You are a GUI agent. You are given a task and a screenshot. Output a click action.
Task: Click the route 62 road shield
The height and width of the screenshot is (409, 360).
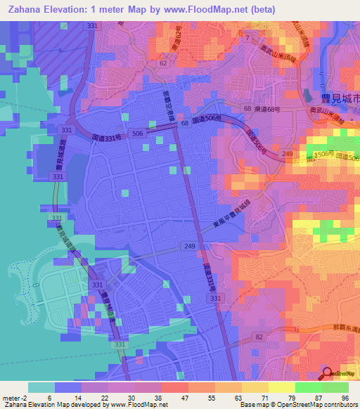[x=163, y=63]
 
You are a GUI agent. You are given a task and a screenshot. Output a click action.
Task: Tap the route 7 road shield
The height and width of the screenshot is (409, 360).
[x=247, y=37]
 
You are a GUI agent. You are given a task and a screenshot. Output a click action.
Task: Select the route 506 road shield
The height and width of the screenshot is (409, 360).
[x=139, y=133]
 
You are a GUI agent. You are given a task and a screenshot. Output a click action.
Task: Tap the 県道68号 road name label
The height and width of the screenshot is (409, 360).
[x=268, y=110]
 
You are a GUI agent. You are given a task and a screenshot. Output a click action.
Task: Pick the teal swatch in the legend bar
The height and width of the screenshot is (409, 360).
[x=41, y=387]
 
